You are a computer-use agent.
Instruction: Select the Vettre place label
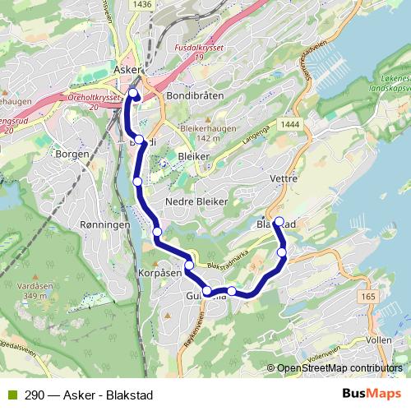tap(284, 177)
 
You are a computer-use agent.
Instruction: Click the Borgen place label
tap(72, 154)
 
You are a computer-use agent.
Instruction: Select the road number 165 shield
tap(367, 296)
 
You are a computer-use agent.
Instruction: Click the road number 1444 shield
tap(289, 123)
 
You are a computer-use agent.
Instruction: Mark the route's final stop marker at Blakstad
tap(279, 221)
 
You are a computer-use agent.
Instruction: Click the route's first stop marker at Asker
tap(133, 93)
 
